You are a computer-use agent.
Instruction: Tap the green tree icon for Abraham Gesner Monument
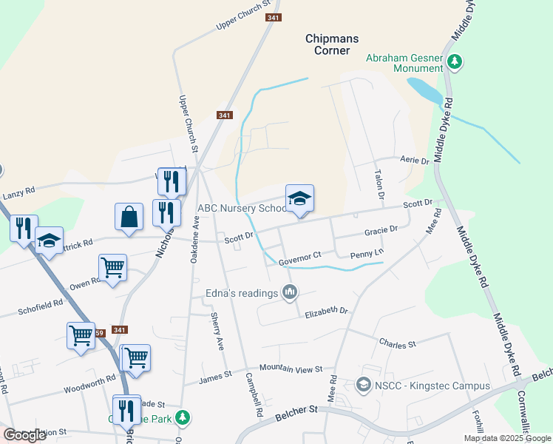tap(456, 62)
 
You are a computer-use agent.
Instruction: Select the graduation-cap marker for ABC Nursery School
tap(299, 199)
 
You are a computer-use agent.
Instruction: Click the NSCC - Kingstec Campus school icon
tap(364, 385)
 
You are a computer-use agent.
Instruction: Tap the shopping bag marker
tap(129, 218)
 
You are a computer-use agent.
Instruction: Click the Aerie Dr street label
tap(413, 161)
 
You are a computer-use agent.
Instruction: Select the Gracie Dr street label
tap(381, 231)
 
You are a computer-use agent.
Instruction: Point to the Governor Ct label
tap(300, 255)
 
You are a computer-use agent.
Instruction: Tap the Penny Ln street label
tap(367, 252)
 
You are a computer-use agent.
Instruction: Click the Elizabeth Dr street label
tap(326, 312)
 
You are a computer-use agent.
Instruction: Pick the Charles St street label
tap(398, 343)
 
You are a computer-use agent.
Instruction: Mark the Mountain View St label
tap(291, 369)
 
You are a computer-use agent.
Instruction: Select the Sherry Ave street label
tap(217, 331)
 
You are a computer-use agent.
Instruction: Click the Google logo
tap(25, 435)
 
